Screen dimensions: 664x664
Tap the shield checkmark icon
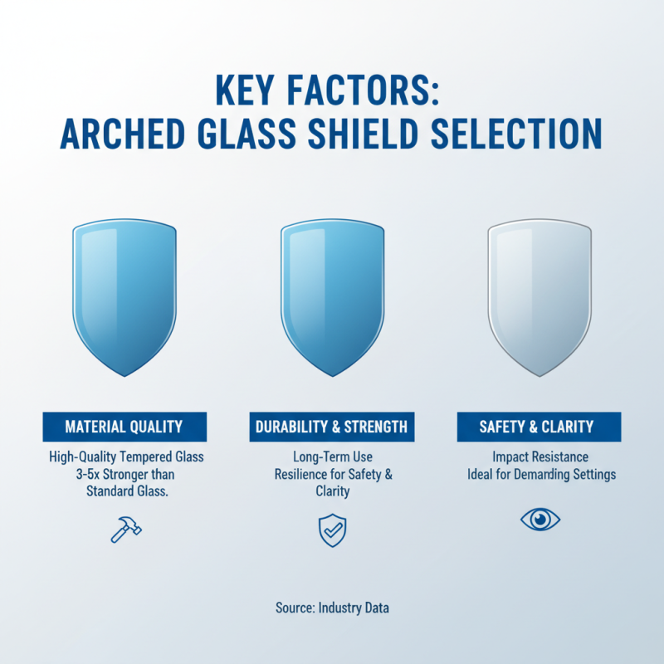(x=331, y=530)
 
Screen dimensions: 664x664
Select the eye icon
(x=539, y=520)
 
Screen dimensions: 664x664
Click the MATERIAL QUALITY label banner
(x=124, y=427)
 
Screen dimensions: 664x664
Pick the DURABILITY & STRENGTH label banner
(x=331, y=427)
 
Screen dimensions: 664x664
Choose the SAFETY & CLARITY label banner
(x=539, y=427)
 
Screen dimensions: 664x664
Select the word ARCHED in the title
(x=129, y=135)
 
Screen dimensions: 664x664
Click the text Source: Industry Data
(x=332, y=608)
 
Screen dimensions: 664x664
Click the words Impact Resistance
(x=539, y=456)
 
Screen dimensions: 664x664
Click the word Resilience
(x=304, y=474)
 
